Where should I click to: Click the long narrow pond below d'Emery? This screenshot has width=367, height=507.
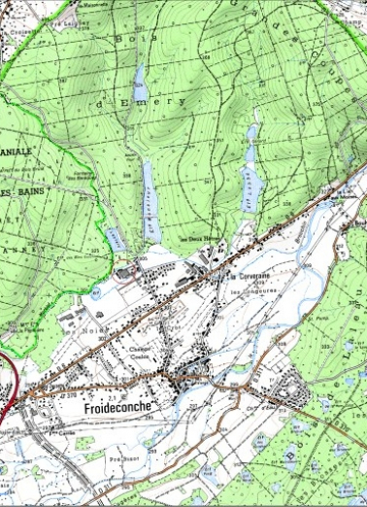[x=150, y=201]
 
